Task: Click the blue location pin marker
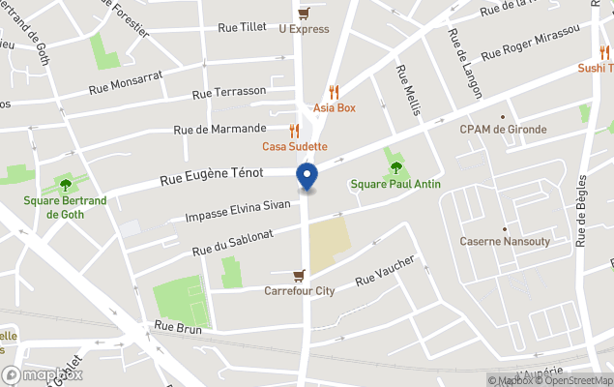pos(307,178)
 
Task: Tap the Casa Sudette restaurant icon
pos(295,131)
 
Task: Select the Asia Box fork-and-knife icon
pos(334,92)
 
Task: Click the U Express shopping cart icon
pos(304,14)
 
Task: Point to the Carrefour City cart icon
pos(300,275)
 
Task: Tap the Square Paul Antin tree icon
pos(395,167)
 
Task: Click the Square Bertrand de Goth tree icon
pos(66,185)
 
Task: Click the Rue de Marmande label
pos(219,129)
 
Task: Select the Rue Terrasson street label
pos(229,92)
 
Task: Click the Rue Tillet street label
pos(242,28)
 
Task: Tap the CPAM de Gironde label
pos(503,129)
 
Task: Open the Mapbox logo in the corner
pos(43,374)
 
